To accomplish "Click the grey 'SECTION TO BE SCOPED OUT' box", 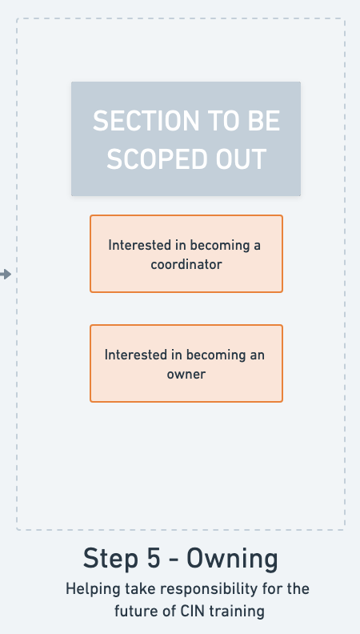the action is click(186, 138).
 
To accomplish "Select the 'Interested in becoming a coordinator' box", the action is click(186, 254).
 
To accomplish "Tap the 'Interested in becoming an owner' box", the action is click(186, 363).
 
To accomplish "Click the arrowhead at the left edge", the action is click(6, 275).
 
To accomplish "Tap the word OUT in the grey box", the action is click(242, 159).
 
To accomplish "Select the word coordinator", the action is click(186, 264).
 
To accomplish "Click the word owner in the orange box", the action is click(186, 374).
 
